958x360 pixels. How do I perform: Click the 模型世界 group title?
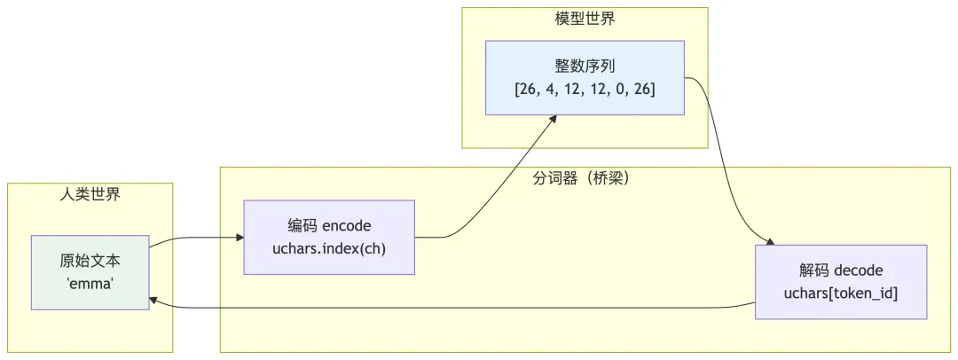coord(585,19)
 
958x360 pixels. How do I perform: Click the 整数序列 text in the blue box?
coord(585,67)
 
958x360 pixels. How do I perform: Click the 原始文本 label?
coord(90,262)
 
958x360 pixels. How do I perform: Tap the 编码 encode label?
coord(329,225)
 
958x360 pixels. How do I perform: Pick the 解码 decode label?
coord(841,270)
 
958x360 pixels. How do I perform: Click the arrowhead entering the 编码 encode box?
coord(239,237)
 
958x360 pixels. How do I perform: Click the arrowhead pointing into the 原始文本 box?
coord(154,301)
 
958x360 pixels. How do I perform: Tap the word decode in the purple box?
coord(858,270)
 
